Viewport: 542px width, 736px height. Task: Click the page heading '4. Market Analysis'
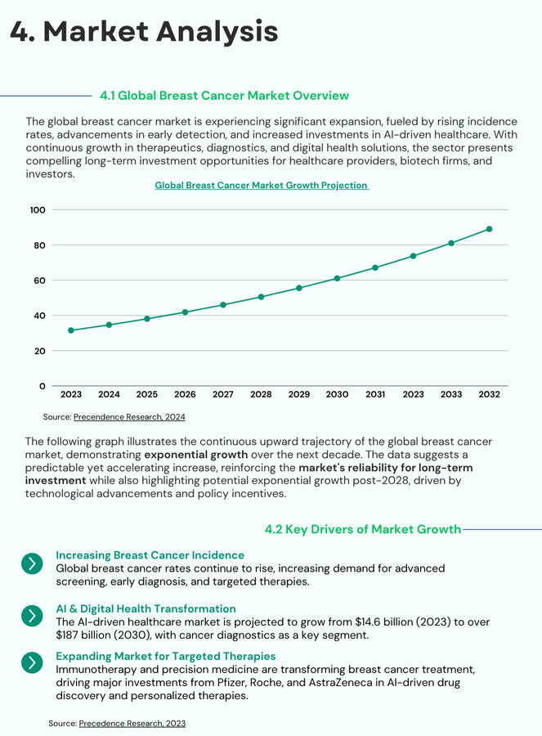pos(144,32)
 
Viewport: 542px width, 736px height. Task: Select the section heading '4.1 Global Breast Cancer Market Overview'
pos(224,96)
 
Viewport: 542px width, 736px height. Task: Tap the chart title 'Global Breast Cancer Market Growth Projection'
pos(262,186)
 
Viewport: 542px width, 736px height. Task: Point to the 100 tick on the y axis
pos(37,210)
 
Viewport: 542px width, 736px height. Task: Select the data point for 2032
pos(490,229)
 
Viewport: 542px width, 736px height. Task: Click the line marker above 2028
pos(261,297)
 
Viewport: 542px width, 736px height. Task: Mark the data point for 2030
pos(337,279)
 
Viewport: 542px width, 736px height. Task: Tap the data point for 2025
pos(147,319)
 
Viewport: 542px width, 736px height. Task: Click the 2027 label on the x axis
pos(223,395)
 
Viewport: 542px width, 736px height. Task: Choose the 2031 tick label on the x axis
pos(375,395)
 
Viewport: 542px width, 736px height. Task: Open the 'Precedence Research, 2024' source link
pos(129,417)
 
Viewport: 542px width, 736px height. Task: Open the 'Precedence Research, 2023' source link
pos(134,724)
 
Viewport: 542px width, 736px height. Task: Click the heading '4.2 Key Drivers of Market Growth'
pos(363,529)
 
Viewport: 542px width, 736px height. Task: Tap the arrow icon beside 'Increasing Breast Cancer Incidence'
pos(31,563)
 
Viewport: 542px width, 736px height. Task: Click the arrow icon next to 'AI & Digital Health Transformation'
pos(31,616)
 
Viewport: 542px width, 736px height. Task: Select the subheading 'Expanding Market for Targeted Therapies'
pos(165,656)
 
